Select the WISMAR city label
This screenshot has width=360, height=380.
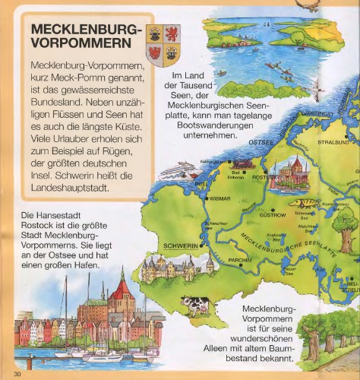(x=220, y=198)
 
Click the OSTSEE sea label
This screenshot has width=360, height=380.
(x=240, y=141)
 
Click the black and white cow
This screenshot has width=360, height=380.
(x=195, y=306)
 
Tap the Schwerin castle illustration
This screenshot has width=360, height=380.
(x=169, y=266)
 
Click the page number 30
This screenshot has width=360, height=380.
(x=17, y=373)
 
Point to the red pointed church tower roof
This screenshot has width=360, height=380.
(x=120, y=287)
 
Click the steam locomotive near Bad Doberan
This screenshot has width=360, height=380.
(x=241, y=163)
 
